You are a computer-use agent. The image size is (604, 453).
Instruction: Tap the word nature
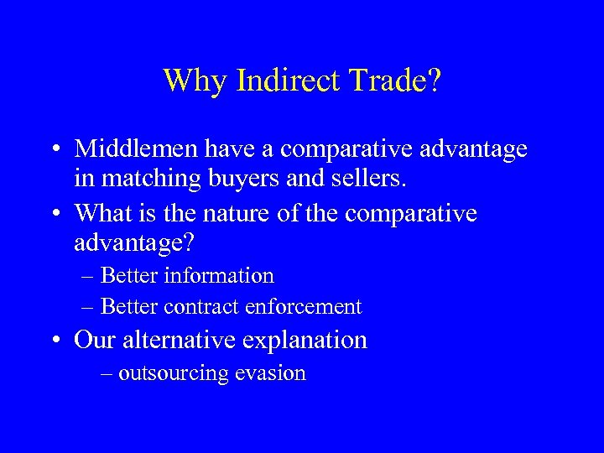236,214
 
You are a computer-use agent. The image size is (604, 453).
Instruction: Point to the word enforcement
303,307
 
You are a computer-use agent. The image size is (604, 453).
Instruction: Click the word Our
94,341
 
